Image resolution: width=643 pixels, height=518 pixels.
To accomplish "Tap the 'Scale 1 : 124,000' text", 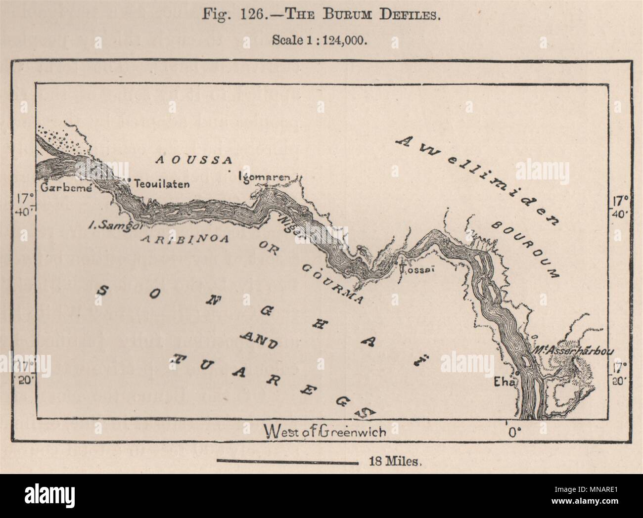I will (321, 41).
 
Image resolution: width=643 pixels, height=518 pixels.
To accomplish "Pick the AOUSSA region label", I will (194, 160).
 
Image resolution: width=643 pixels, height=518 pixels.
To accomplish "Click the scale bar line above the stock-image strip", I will (287, 463).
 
